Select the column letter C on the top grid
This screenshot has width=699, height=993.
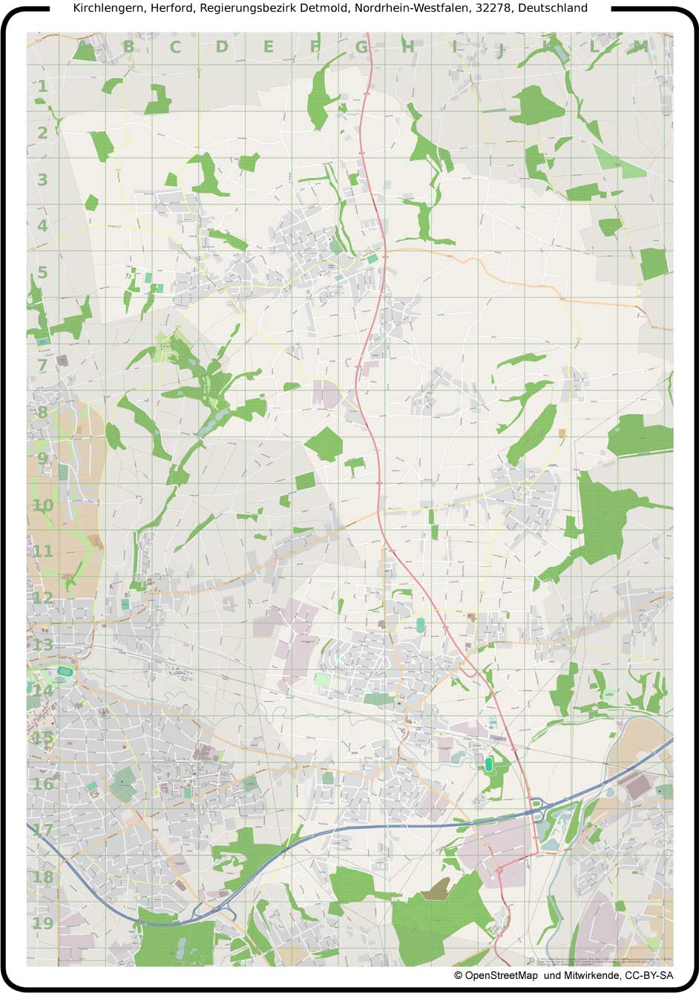[x=175, y=47]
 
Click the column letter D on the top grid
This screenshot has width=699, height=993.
[x=222, y=47]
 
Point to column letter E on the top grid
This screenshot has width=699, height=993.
[x=268, y=47]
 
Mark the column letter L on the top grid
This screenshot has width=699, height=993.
[x=594, y=47]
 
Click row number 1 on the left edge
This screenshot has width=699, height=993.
[x=42, y=87]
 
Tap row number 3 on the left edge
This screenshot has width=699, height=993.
[x=42, y=180]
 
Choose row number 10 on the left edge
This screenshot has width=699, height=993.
[x=42, y=505]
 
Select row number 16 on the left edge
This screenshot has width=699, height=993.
[x=42, y=784]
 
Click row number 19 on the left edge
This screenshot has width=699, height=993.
[x=42, y=923]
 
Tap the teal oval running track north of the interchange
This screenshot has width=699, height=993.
[x=489, y=763]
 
